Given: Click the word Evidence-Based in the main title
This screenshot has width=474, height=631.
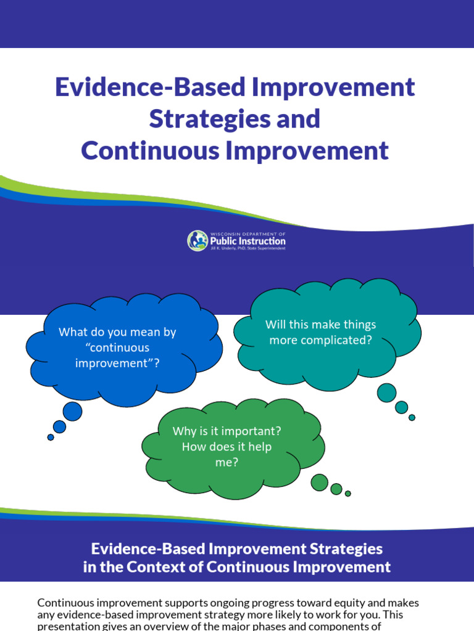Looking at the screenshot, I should tap(149, 88).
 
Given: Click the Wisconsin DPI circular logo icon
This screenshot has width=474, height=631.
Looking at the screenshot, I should tap(197, 240).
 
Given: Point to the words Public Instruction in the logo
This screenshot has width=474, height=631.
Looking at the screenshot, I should tap(248, 242).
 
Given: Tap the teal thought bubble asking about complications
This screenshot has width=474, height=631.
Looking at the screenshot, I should tap(327, 333).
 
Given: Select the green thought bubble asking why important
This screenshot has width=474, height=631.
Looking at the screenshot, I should tap(231, 447).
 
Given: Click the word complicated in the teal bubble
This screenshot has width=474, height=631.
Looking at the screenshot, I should tap(342, 340).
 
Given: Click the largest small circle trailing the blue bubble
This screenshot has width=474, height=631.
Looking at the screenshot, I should tap(72, 411).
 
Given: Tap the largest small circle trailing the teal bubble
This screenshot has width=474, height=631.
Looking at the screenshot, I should tap(387, 393).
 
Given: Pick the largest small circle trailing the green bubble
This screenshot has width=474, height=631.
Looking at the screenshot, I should tap(320, 482).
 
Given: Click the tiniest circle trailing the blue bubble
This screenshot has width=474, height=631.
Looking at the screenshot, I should tap(51, 438).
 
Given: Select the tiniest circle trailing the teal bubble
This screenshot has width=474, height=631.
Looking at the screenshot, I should tap(412, 417).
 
